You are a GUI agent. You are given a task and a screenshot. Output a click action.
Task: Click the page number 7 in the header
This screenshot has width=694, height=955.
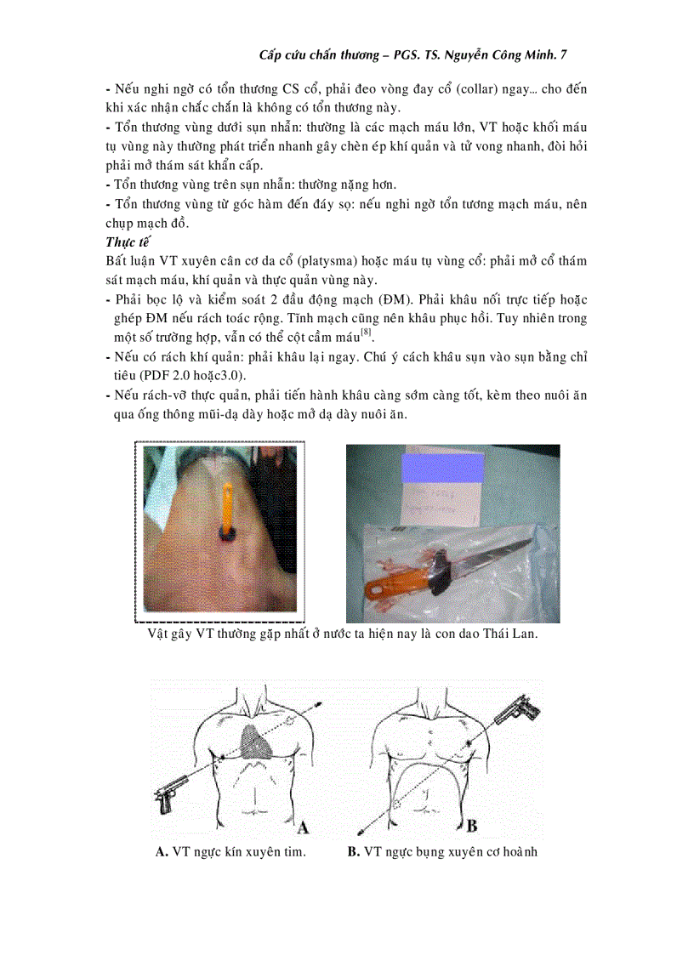click(563, 54)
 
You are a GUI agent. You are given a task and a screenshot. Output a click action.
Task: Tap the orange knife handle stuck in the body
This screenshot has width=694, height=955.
click(229, 505)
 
